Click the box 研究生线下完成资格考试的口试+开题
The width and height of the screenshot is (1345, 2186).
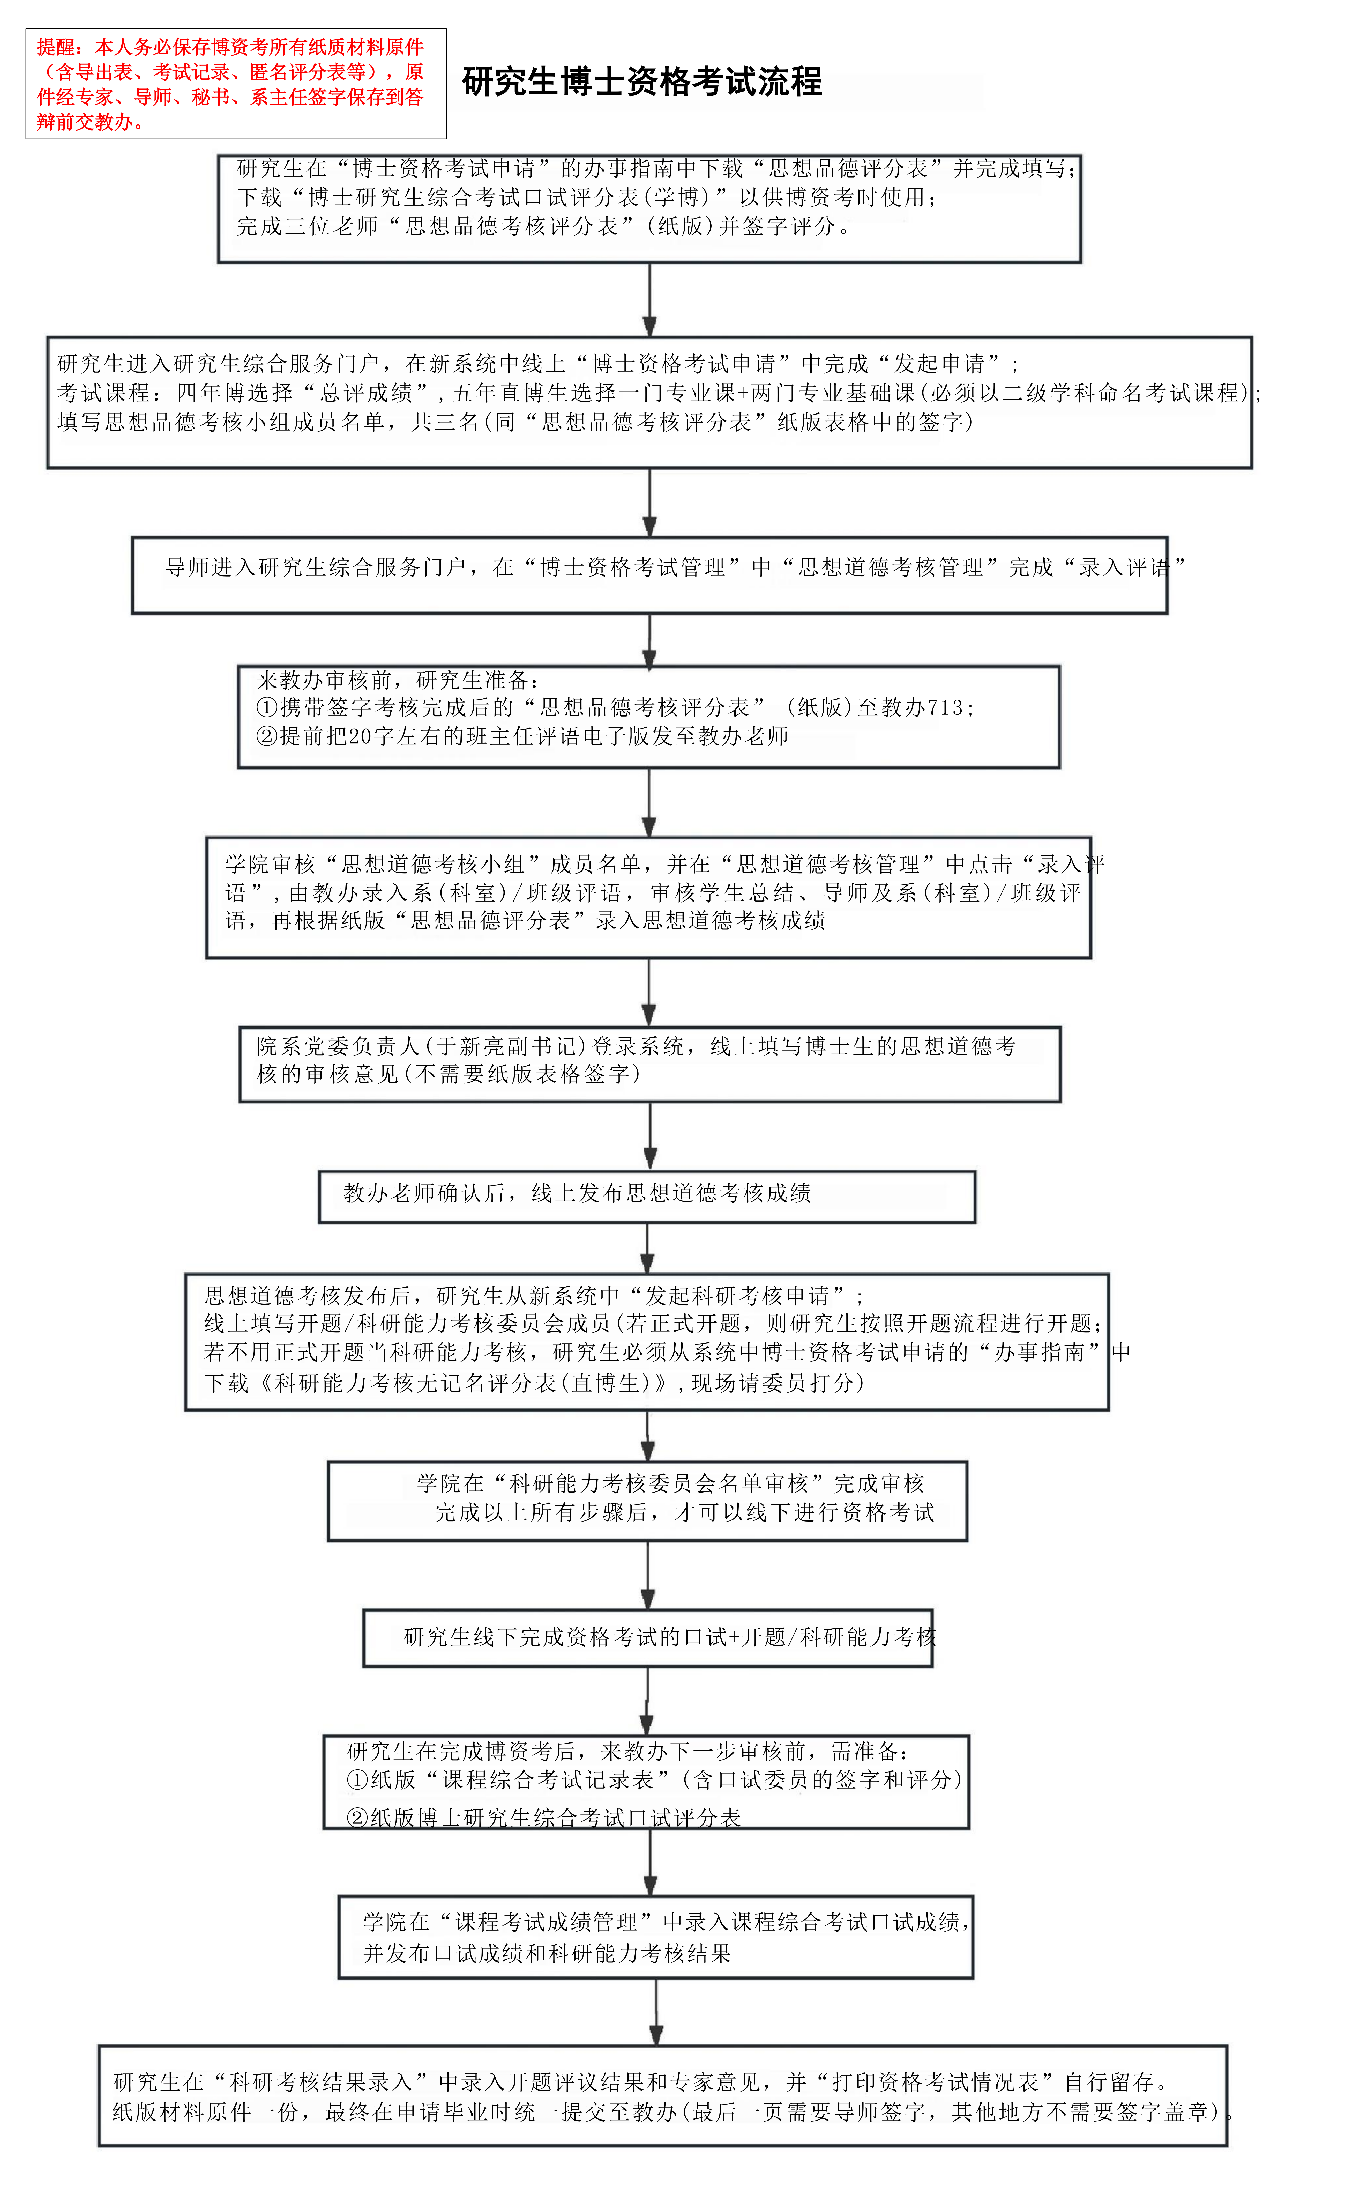point(648,1638)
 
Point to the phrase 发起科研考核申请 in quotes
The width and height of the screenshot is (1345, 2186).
point(737,1295)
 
